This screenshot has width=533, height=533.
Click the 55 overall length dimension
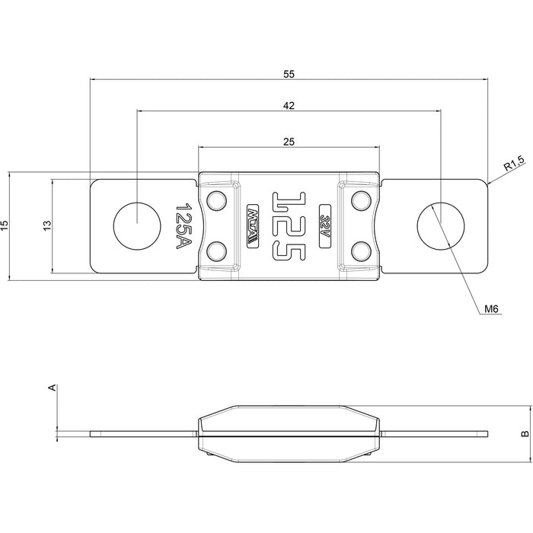288,74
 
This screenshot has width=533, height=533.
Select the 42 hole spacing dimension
288,106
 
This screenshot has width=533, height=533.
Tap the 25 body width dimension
288,142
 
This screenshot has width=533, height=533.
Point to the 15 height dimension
5,225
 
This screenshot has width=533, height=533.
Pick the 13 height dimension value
47,225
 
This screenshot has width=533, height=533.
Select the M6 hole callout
491,309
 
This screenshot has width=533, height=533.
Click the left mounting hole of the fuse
137,225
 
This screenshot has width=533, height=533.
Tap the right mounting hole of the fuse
440,225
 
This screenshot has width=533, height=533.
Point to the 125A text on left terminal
183,225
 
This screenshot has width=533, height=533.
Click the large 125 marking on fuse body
289,225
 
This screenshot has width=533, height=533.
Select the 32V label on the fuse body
326,225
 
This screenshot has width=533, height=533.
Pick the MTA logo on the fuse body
253,225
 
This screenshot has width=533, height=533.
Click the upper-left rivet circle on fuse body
217,201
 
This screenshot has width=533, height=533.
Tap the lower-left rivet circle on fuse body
217,250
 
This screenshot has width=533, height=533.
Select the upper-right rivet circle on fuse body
360,201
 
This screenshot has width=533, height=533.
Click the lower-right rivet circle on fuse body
360,250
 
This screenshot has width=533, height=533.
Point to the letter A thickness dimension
52,388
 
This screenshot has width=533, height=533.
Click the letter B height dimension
525,434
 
